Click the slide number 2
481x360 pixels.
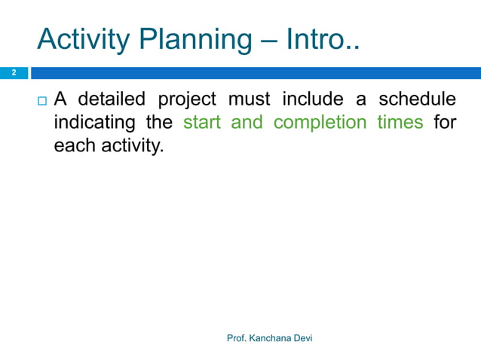click(13, 73)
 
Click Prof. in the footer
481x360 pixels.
click(237, 339)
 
